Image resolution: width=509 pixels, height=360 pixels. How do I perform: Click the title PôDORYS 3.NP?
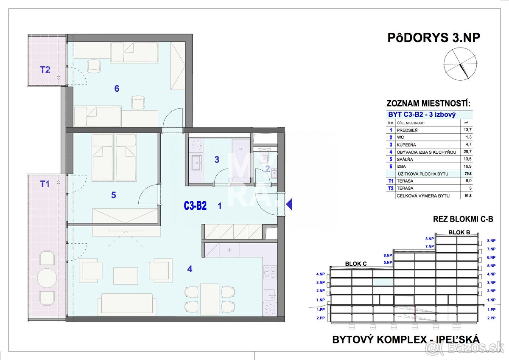433,38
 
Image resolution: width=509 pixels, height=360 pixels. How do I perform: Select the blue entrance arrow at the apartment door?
289,205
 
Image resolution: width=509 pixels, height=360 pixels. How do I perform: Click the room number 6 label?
117,89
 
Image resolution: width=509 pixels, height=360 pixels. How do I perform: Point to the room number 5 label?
113,195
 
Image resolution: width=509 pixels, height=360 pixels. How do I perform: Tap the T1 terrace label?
45,184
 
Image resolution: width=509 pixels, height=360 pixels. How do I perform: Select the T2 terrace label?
45,70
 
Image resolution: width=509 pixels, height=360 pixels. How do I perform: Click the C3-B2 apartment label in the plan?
195,206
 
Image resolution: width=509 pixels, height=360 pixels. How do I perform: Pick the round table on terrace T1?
47,278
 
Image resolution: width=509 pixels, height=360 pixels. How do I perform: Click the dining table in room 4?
210,298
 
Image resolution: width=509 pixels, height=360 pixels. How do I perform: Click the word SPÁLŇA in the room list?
405,159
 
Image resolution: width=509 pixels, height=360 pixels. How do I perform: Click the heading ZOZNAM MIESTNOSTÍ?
428,104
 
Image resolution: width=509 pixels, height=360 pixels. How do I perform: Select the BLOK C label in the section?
355,263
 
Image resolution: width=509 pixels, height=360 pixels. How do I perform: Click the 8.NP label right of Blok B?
491,240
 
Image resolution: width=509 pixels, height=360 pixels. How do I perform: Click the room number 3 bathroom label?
217,160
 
